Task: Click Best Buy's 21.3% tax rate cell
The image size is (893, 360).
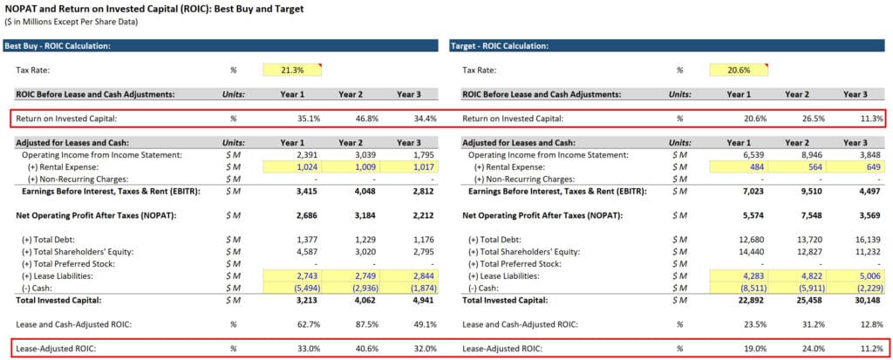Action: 292,70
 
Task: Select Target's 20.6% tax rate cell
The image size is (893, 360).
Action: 739,70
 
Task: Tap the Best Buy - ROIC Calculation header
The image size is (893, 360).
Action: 58,45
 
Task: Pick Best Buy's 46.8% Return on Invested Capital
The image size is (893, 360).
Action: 351,118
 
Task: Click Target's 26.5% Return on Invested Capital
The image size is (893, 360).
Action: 798,118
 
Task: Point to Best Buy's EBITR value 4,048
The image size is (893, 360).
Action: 351,191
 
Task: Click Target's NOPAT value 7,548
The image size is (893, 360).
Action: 798,214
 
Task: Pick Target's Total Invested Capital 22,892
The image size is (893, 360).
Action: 739,299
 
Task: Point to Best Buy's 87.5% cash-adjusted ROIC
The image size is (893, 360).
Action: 351,323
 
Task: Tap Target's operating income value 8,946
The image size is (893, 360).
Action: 798,154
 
